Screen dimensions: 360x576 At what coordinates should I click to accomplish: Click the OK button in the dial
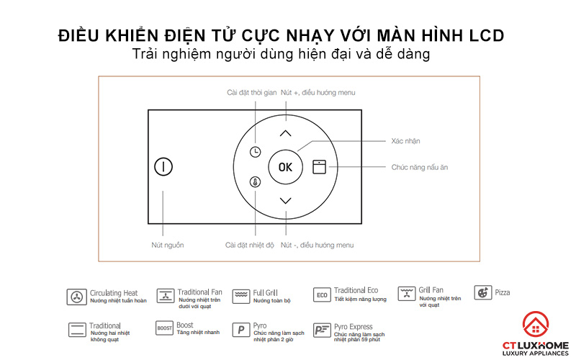(286, 167)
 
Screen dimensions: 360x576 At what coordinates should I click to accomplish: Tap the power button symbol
(163, 167)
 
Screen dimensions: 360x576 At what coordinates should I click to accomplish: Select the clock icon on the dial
(256, 152)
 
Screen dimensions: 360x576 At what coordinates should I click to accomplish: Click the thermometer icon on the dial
(256, 183)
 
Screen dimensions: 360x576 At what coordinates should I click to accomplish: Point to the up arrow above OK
(286, 133)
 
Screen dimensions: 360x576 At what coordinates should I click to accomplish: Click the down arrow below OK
(286, 201)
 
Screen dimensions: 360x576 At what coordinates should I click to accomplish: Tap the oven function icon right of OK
(319, 167)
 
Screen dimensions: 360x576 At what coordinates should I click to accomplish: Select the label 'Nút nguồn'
(168, 246)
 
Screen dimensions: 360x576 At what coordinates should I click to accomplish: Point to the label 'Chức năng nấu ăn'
(420, 167)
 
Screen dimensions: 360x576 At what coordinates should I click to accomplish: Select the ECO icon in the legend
(322, 295)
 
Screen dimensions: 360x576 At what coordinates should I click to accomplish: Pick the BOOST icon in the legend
(165, 329)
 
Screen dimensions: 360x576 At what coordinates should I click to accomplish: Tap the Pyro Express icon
(322, 330)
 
